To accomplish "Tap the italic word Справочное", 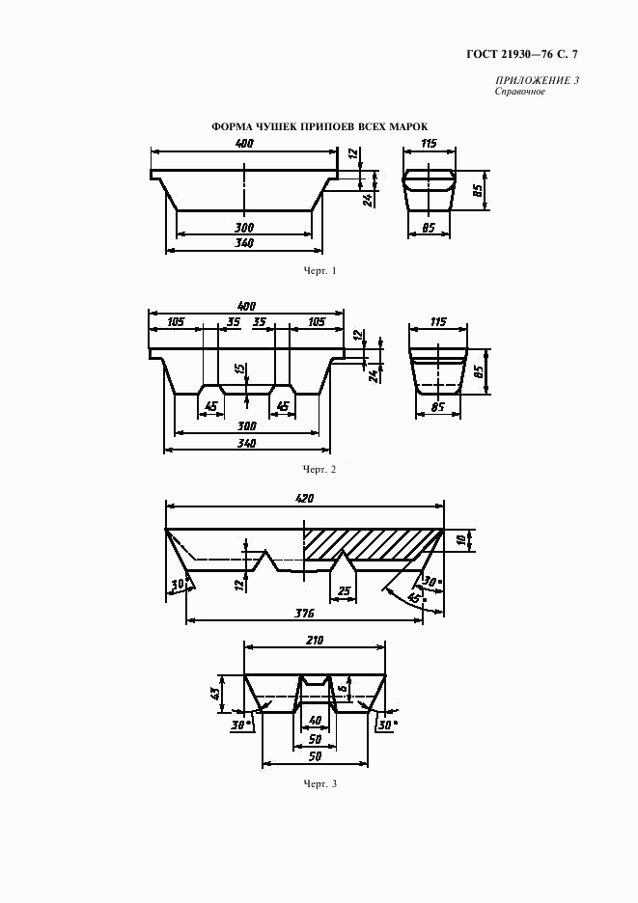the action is pos(519,92).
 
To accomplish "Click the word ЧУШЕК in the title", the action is pos(273,127).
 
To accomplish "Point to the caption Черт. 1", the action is pos(319,270).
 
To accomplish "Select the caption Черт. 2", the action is pos(319,470).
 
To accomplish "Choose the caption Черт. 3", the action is pos(319,783).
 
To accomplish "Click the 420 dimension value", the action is pos(303,498).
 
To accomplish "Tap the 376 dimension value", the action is pos(303,614).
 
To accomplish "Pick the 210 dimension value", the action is pos(315,640).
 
